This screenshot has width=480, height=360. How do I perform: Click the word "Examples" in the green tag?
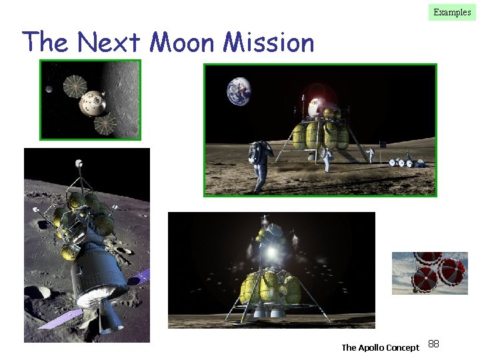click(x=452, y=12)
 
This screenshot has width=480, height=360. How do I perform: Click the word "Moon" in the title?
click(x=183, y=43)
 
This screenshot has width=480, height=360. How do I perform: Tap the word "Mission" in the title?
click(x=268, y=43)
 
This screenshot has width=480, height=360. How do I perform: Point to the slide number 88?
click(x=433, y=344)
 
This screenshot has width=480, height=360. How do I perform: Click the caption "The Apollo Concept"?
click(x=380, y=347)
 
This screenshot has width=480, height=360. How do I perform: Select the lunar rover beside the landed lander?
click(x=405, y=161)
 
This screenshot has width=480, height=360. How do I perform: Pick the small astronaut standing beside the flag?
click(x=371, y=155)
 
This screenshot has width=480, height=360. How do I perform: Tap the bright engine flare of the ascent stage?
click(x=271, y=253)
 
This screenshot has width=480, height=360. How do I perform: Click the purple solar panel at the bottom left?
click(x=137, y=279)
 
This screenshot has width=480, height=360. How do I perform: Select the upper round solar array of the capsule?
click(x=72, y=83)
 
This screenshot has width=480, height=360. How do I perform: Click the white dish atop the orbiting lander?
click(x=79, y=162)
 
